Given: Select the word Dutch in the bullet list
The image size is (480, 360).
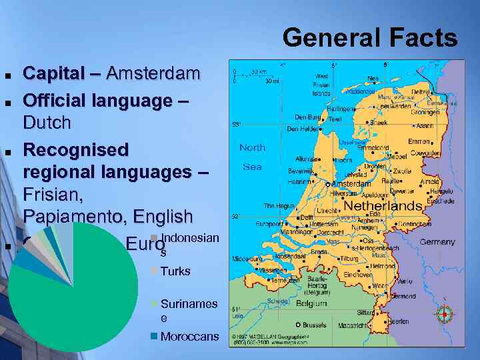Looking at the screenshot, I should [47, 123].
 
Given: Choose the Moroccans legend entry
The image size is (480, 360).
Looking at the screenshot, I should [189, 337].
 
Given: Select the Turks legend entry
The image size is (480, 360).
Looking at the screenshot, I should [175, 271].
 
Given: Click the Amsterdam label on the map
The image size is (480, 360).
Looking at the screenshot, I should [351, 183].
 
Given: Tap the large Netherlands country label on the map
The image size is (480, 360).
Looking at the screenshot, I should [382, 206].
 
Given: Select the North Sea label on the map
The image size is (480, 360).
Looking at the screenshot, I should [252, 157].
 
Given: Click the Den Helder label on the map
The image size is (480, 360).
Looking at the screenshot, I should [302, 129].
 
